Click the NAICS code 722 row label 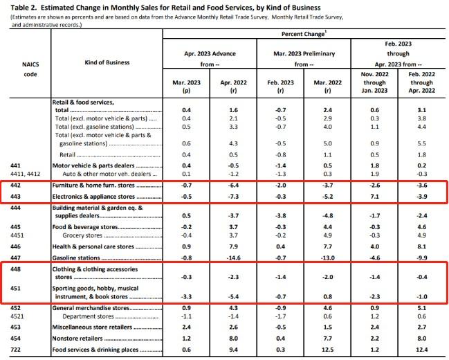[x=15, y=350]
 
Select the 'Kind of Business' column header [x=107, y=62]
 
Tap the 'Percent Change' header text [x=303, y=34]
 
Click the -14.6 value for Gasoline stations [x=233, y=258]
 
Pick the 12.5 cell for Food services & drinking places [x=328, y=350]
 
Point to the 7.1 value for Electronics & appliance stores [x=374, y=197]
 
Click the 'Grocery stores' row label [x=82, y=235]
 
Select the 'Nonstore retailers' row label [x=77, y=339]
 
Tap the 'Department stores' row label [x=88, y=316]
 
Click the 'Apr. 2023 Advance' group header [x=210, y=53]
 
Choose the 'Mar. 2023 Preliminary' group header [x=304, y=53]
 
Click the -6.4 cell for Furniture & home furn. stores [x=233, y=186]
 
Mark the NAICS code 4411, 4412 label [x=26, y=174]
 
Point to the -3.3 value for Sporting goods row [x=186, y=297]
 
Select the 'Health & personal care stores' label [x=93, y=246]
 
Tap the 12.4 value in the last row [x=422, y=350]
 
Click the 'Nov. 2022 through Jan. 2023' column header [x=374, y=82]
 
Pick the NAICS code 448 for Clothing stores [x=15, y=269]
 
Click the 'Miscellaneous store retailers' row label [x=92, y=327]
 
